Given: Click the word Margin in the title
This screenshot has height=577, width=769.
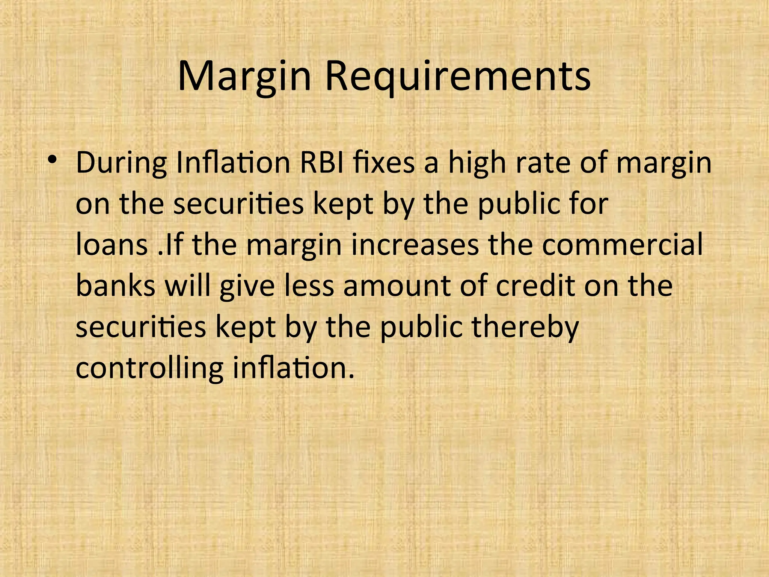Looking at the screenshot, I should (244, 77).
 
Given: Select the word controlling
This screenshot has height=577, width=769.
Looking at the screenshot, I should (149, 369).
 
